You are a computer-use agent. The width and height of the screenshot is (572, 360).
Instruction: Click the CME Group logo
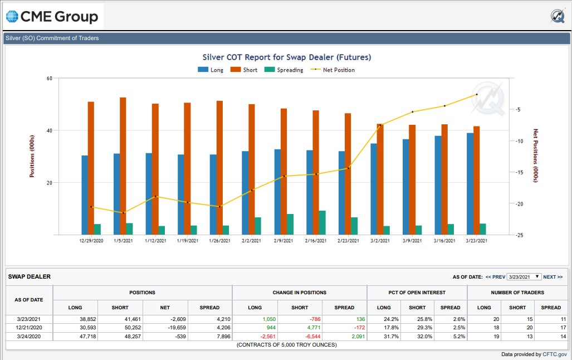click(52, 17)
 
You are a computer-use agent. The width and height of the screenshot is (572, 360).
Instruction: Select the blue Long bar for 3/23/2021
click(470, 183)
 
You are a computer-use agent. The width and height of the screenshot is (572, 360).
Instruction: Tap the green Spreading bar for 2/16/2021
click(322, 222)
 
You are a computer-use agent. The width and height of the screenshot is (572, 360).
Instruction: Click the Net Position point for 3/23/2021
click(476, 95)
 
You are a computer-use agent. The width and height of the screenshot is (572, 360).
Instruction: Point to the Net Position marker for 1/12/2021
click(156, 196)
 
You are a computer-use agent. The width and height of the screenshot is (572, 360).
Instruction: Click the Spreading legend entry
click(284, 70)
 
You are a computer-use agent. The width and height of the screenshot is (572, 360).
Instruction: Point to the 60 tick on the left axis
click(49, 79)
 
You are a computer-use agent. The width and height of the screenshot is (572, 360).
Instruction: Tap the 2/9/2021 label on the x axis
click(283, 241)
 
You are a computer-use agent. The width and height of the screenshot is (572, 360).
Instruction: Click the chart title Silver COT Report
click(286, 57)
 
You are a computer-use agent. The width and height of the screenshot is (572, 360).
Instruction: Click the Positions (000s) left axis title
click(32, 157)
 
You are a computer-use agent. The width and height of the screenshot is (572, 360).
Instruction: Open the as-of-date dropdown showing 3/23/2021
click(524, 276)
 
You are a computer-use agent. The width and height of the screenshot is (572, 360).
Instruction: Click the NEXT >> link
click(553, 276)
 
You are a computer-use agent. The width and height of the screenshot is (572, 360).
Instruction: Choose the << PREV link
click(495, 276)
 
